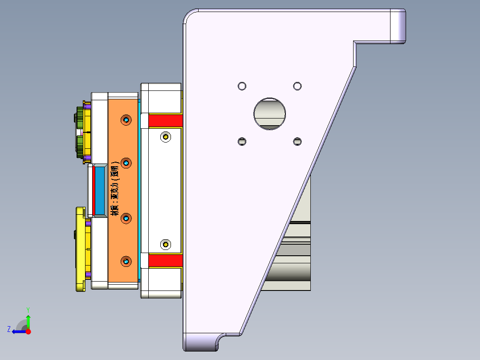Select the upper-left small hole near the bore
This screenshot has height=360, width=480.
point(242,86)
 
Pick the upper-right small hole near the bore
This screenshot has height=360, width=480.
point(297,86)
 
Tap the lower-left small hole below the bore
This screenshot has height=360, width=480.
point(242,141)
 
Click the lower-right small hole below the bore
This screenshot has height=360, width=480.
point(297,141)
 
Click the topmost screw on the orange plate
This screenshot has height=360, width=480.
point(126,120)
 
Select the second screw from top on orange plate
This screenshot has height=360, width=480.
point(126,163)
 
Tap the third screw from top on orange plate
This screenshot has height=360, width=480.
point(126,218)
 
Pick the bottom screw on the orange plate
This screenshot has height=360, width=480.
point(126,262)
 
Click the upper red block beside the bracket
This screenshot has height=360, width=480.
point(165,120)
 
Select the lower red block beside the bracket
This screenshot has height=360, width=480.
point(165,261)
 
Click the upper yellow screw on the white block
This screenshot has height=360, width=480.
point(166,137)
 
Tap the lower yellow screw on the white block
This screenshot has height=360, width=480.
point(166,244)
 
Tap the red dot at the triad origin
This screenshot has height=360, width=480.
point(28,331)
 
